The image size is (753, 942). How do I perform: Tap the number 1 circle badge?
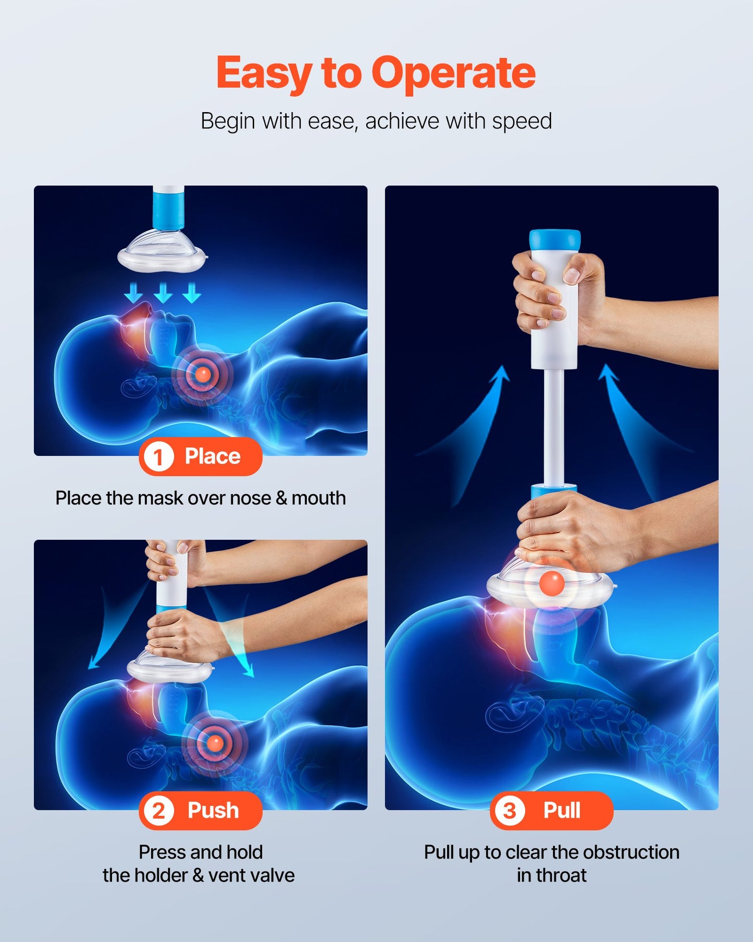[x=158, y=457]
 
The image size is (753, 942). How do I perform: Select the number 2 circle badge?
[x=158, y=811]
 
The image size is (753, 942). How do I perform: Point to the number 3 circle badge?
[x=509, y=811]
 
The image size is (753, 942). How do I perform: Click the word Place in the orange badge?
[x=213, y=456]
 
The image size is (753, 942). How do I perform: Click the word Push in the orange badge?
[x=213, y=811]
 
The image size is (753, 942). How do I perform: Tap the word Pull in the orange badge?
[x=562, y=811]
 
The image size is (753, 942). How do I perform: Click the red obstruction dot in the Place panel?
[x=203, y=374]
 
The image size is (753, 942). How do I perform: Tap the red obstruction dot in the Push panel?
[x=215, y=743]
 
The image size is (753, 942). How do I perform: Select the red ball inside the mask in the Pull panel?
[x=551, y=583]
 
